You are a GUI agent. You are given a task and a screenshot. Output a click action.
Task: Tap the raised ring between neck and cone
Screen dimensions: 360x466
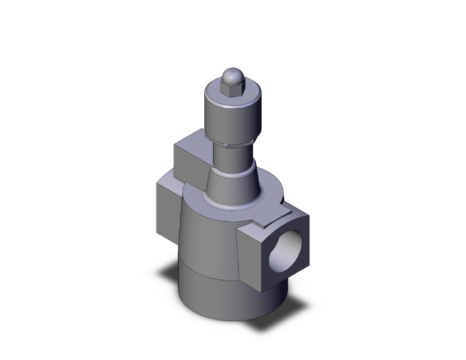[231, 169]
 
